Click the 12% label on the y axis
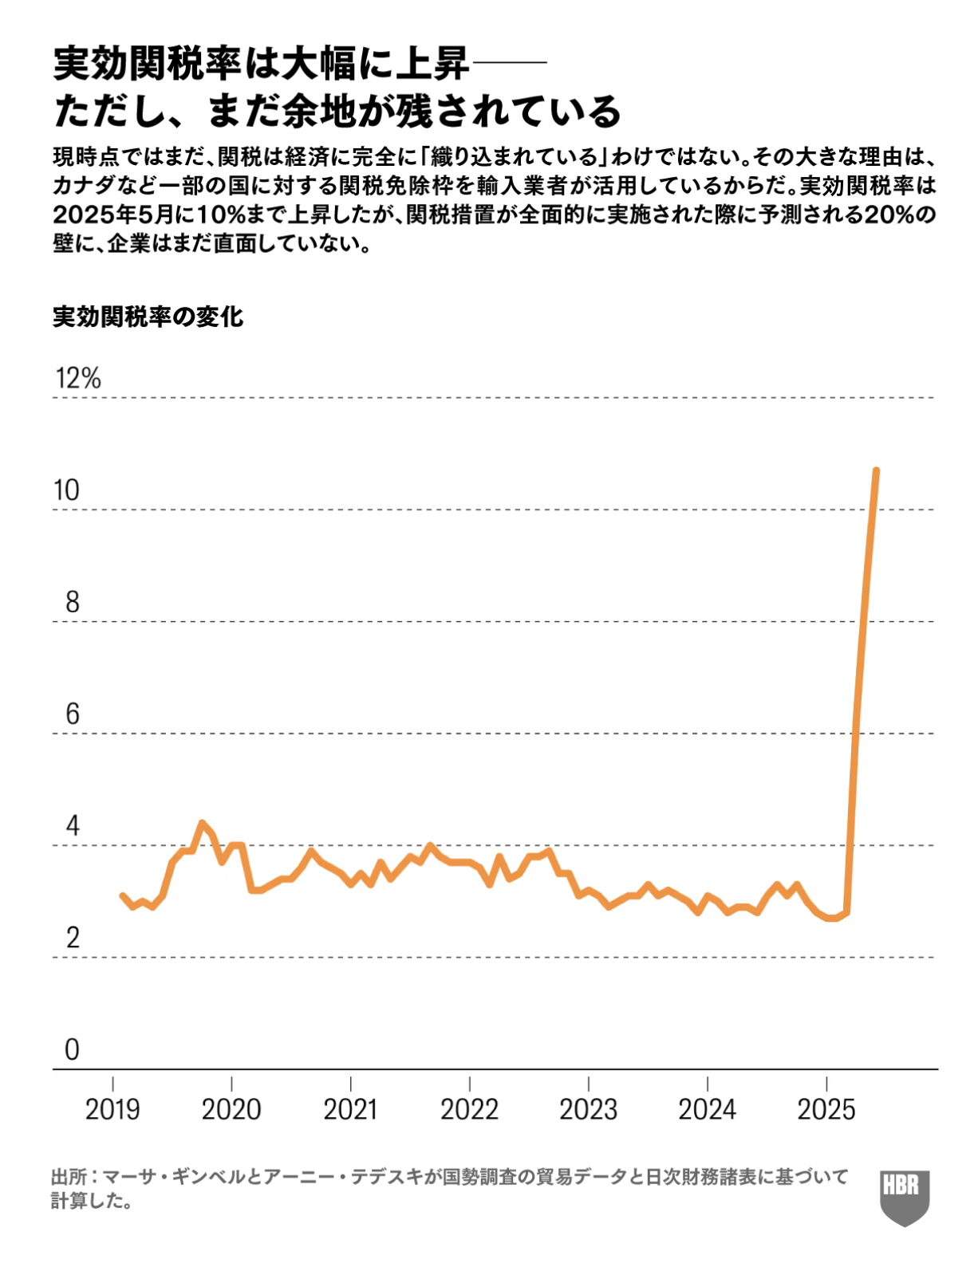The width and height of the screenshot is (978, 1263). click(x=78, y=378)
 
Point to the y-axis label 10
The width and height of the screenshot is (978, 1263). click(x=67, y=490)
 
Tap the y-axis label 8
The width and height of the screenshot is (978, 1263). click(x=72, y=602)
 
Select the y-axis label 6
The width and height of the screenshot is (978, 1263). click(x=72, y=714)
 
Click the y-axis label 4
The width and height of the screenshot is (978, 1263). click(x=72, y=826)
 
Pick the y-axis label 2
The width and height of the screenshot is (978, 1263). click(x=72, y=938)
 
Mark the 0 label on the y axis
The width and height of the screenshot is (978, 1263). click(x=72, y=1049)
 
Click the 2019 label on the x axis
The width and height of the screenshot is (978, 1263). click(x=112, y=1109)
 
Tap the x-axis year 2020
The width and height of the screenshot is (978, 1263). click(x=231, y=1109)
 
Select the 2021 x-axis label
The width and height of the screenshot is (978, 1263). click(x=350, y=1109)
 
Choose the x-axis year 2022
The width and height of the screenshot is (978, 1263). click(x=469, y=1109)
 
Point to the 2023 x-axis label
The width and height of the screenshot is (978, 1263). click(x=588, y=1109)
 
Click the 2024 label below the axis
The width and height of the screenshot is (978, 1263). click(x=707, y=1109)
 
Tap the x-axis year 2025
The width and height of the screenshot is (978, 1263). click(x=826, y=1109)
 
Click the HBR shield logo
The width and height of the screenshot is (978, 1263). click(x=905, y=1196)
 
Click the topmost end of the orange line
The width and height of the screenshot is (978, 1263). click(x=876, y=471)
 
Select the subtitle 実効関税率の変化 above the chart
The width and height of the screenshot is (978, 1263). click(x=148, y=317)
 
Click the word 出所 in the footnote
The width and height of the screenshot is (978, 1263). click(x=69, y=1177)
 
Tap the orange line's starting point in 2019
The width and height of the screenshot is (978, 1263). click(x=122, y=896)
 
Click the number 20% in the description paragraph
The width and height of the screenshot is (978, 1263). click(x=887, y=215)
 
